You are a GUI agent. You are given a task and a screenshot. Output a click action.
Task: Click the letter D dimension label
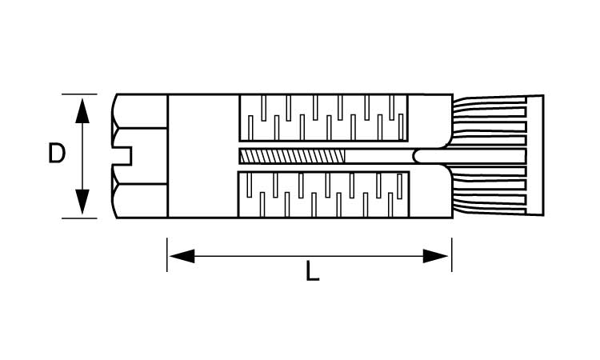pyautogui.click(x=57, y=153)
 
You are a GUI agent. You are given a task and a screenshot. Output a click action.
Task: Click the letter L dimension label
pyautogui.click(x=312, y=271)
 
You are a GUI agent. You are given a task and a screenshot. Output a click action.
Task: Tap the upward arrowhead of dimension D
pyautogui.click(x=82, y=111)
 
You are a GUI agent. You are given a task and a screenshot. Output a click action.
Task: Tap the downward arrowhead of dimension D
pyautogui.click(x=82, y=202)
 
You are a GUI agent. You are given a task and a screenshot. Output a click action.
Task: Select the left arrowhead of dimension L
pyautogui.click(x=182, y=256)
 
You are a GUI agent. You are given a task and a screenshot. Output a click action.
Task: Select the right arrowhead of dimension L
pyautogui.click(x=435, y=256)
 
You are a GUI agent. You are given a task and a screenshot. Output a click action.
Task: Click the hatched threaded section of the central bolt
pyautogui.click(x=292, y=156)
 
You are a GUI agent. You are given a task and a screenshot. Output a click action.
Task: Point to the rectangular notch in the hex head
pyautogui.click(x=122, y=156)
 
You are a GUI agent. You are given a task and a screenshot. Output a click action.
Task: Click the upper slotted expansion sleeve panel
pyautogui.click(x=323, y=118)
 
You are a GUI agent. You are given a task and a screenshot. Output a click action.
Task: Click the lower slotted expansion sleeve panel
pyautogui.click(x=323, y=194)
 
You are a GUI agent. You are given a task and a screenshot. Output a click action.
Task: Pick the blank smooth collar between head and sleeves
pyautogui.click(x=203, y=156)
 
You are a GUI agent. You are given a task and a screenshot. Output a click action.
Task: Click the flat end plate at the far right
pyautogui.click(x=535, y=155)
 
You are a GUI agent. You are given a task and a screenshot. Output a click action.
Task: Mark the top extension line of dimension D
pyautogui.click(x=79, y=94)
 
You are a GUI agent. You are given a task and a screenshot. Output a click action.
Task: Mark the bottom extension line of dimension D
pyautogui.click(x=79, y=218)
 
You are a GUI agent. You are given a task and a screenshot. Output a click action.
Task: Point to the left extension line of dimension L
pyautogui.click(x=167, y=254)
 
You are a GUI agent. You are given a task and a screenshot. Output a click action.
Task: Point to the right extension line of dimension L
pyautogui.click(x=452, y=254)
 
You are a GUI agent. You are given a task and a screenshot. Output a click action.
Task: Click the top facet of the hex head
pyautogui.click(x=140, y=111)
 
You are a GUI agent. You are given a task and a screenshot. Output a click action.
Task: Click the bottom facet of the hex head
pyautogui.click(x=140, y=201)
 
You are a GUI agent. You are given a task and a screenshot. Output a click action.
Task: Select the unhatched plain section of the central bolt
pyautogui.click(x=379, y=156)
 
